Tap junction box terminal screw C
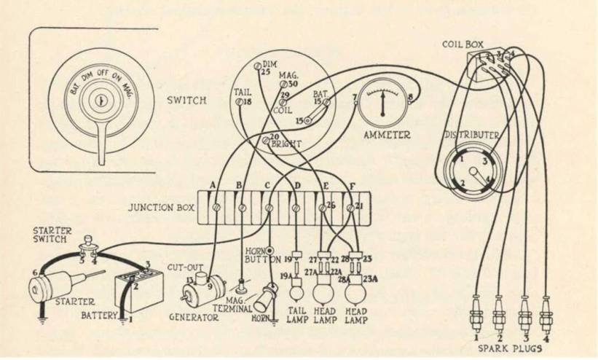click(269, 208)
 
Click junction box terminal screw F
click(350, 209)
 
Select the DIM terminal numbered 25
click(257, 67)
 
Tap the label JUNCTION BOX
click(161, 208)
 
